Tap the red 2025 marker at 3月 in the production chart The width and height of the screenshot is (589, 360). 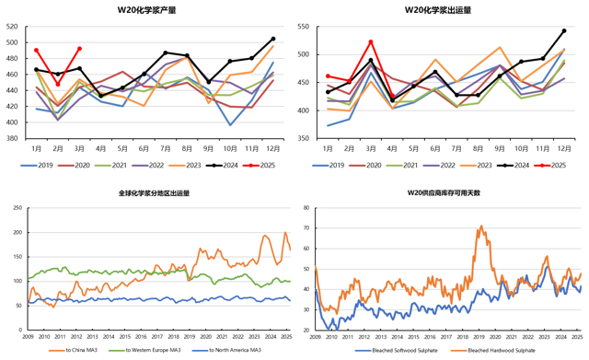[x=80, y=49]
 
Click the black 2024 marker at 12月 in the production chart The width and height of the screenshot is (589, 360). [x=273, y=39]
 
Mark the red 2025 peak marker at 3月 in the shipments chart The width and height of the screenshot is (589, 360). [x=370, y=41]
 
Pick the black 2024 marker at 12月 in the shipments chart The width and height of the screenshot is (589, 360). [x=564, y=30]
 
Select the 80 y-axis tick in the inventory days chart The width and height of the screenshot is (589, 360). [x=305, y=209]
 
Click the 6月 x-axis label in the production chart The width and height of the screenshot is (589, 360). [x=144, y=148]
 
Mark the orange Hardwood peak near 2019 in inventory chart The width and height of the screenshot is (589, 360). [x=480, y=226]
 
